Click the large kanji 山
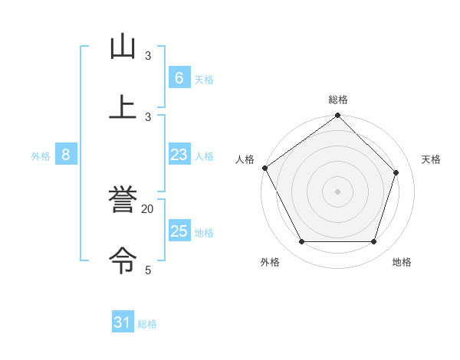123,47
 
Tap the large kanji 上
123,107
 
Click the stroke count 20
148,209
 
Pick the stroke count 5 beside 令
148,270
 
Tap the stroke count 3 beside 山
148,56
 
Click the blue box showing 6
179,78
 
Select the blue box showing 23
179,155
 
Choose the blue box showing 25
179,231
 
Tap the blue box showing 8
66,155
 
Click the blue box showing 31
123,323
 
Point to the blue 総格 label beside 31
147,324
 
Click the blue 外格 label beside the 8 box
41,155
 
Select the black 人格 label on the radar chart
245,159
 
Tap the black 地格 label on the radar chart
402,262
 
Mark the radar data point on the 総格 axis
337,116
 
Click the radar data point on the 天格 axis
396,172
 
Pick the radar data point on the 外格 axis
301,242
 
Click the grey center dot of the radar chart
337,191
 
